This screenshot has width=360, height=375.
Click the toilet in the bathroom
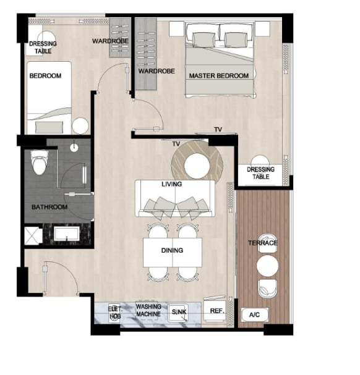coord(40,162)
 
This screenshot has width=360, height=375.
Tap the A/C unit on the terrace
coord(255,314)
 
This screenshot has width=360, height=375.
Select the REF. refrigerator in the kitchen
coord(215,310)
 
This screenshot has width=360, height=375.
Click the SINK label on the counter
coord(179,312)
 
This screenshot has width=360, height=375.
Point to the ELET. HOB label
coord(115,313)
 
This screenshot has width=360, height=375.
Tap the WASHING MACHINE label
coord(148,310)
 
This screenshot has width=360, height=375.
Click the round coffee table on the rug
coord(197,166)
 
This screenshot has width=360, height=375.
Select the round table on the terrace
coord(267,266)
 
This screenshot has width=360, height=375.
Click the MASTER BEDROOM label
coord(219,76)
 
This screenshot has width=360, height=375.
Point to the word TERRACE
coord(262,243)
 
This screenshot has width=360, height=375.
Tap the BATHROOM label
coord(49,207)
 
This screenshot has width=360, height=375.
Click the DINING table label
coord(172,250)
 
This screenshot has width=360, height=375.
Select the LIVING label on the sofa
coord(172,184)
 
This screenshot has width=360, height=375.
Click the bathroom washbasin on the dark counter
coord(67,234)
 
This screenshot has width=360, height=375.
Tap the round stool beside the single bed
coord(80,126)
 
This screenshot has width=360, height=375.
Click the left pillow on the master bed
coord(204,40)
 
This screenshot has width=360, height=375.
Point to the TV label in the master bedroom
coord(218,129)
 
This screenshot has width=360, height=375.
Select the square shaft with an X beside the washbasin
coord(33,236)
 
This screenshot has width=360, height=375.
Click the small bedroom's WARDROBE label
coord(110,41)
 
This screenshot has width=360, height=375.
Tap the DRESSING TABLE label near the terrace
coord(260,173)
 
